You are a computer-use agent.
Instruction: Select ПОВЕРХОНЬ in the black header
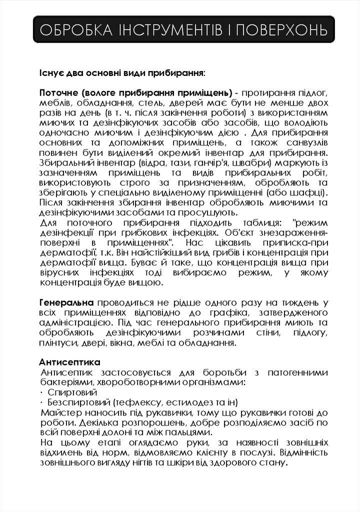pyautogui.click(x=281, y=29)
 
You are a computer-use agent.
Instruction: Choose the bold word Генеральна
pyautogui.click(x=66, y=303)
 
